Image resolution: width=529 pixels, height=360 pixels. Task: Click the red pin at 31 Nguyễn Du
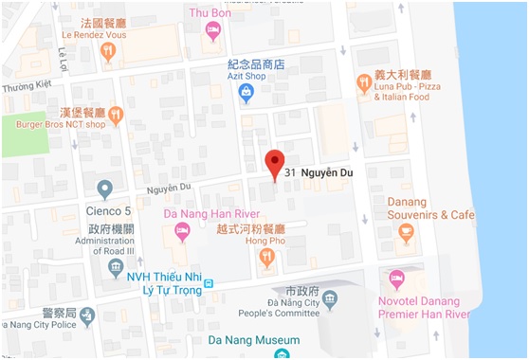tap(275, 163)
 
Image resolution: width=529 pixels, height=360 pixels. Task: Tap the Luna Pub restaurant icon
tap(363, 83)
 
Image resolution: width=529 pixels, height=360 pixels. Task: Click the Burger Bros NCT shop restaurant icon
tap(116, 116)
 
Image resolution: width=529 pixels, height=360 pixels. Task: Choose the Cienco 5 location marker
tap(105, 189)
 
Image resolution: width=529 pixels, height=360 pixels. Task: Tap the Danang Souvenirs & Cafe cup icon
tap(406, 233)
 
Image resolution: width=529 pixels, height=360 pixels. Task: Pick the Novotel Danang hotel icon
tap(397, 279)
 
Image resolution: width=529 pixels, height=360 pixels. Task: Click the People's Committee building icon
tap(328, 299)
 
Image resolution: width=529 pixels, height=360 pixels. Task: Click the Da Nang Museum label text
tap(255, 340)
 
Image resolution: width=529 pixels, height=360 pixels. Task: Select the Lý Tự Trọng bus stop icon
tap(210, 283)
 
